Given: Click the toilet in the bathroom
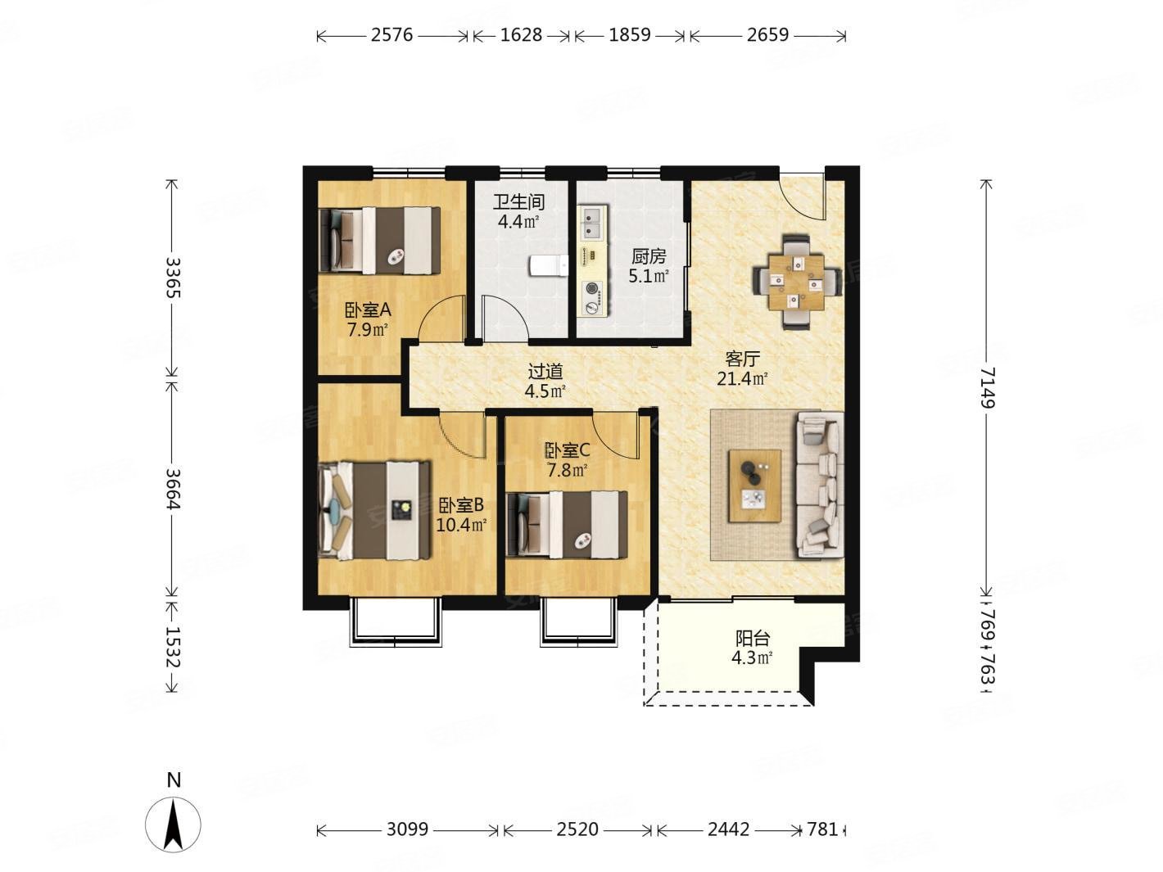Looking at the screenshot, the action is tap(548, 264).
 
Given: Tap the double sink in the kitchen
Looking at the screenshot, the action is tap(590, 222).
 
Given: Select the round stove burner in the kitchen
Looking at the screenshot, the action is tap(590, 288).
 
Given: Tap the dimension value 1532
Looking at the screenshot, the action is tap(172, 648).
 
